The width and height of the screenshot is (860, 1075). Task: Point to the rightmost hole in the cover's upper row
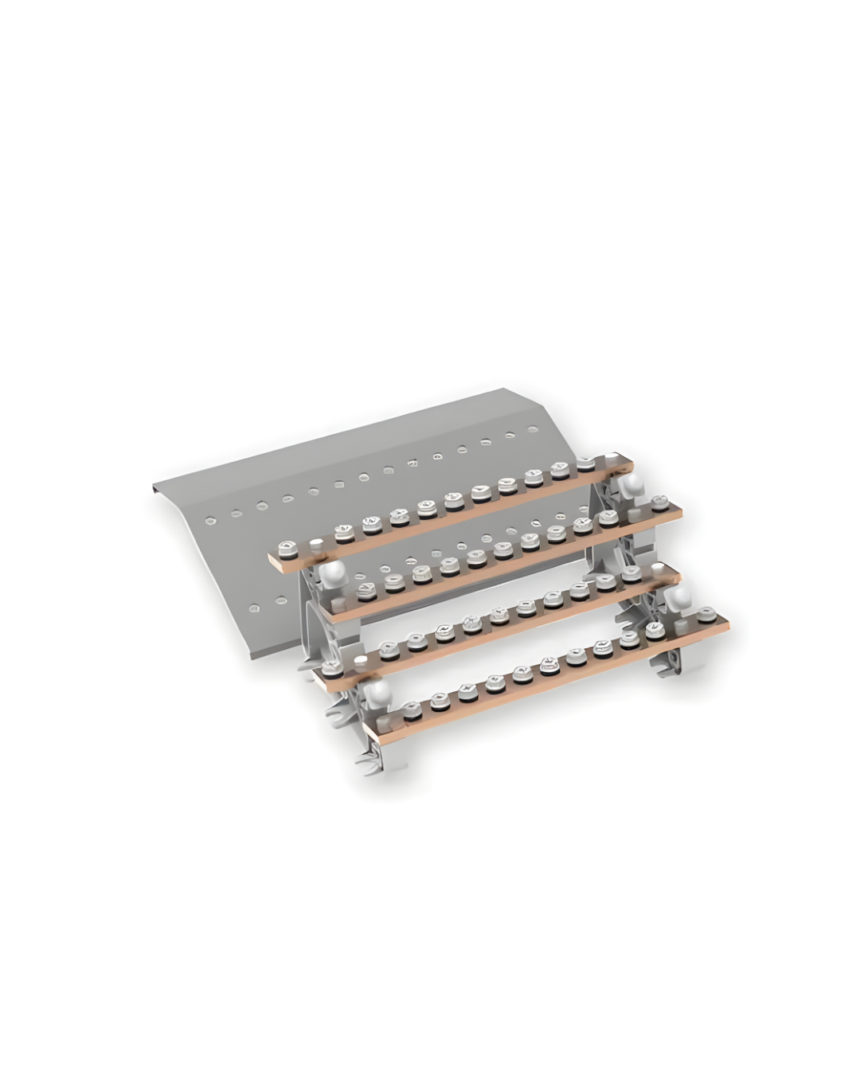[x=533, y=430]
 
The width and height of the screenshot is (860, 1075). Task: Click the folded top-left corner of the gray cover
[x=154, y=487]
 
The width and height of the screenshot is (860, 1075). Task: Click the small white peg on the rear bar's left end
[x=316, y=545]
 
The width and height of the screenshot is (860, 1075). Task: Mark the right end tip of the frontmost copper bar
[x=726, y=623]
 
